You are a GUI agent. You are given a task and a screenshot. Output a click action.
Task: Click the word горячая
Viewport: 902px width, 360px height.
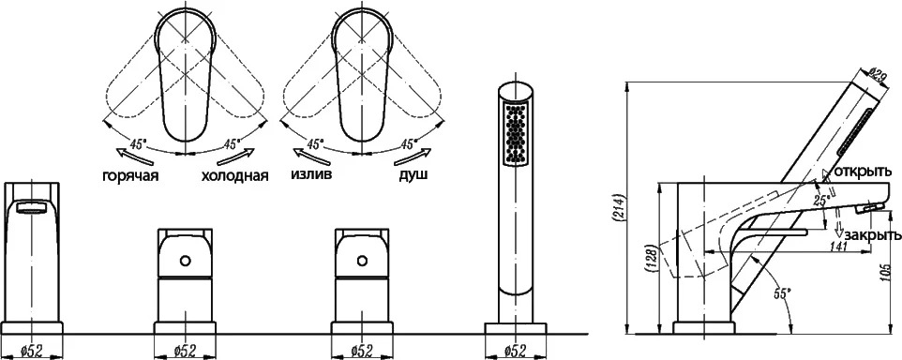coord(130,176)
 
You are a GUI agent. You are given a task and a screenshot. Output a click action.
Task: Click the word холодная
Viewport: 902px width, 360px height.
coord(234,176)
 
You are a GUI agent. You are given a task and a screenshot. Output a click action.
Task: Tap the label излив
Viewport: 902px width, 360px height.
coord(311,174)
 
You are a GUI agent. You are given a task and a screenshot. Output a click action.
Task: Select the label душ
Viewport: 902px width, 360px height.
coord(413,174)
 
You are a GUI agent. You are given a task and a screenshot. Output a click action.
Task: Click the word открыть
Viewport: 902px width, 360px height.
coord(863,172)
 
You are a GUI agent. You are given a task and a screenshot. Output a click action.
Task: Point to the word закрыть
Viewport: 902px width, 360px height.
coord(871,235)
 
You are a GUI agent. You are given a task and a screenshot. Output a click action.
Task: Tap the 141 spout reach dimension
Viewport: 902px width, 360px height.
coord(839,247)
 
